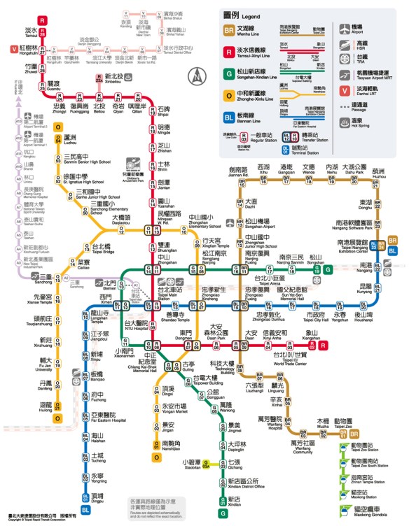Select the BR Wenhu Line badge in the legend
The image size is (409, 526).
point(228,31)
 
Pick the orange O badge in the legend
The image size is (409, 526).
point(228,95)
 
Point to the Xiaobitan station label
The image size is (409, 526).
point(192,462)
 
